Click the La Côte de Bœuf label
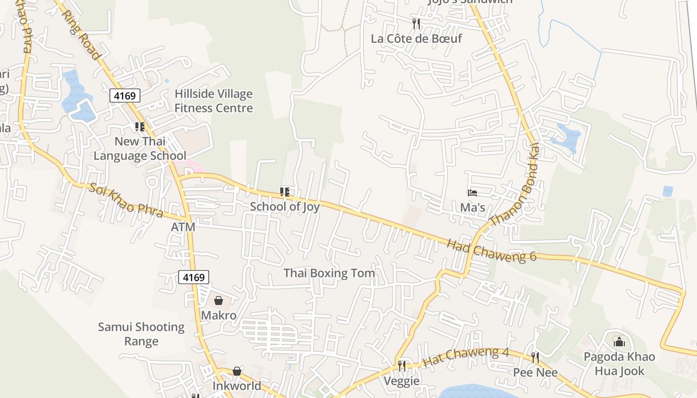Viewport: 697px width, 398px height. pos(416,38)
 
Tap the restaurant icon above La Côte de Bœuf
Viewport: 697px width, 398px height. pos(416,23)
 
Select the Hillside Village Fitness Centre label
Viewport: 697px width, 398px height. pos(214,101)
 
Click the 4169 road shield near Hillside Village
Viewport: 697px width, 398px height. pos(124,96)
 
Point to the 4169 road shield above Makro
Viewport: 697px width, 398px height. pos(194,277)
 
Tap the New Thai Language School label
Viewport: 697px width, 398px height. pos(140,148)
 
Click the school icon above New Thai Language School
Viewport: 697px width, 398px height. pos(140,127)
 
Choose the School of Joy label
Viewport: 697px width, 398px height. pos(285,206)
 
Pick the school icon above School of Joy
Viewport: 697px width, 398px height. pos(285,192)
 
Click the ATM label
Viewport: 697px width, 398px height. pos(183,227)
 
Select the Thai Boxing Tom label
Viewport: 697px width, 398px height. pos(329,273)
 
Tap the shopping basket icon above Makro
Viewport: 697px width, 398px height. pos(219,300)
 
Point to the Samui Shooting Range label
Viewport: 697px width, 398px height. pos(141,334)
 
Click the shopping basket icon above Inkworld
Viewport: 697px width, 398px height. pos(237,371)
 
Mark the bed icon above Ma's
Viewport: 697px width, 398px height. pos(472,193)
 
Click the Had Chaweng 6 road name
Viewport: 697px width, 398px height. pos(491,251)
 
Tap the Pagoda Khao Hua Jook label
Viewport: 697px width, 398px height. pos(619,364)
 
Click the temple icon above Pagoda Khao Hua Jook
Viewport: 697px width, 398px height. pos(619,342)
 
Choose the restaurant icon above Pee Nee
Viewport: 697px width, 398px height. pos(535,357)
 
